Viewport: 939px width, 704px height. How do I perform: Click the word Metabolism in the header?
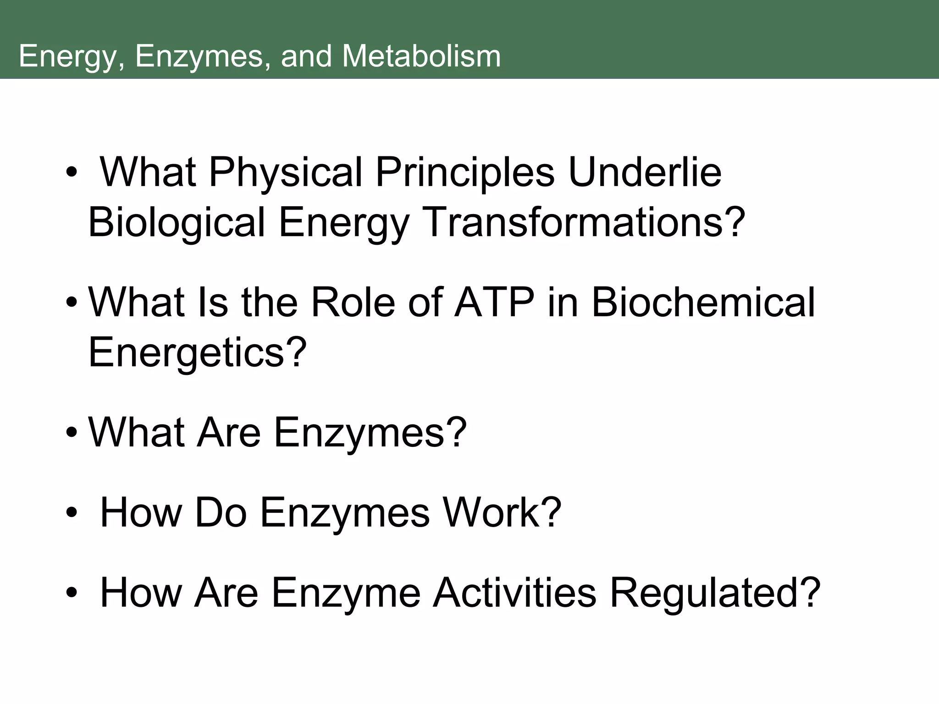pos(421,56)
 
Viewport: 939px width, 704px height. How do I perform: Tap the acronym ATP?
pos(494,302)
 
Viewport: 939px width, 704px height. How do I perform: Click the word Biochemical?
pos(703,302)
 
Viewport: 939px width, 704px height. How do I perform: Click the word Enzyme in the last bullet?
pos(346,594)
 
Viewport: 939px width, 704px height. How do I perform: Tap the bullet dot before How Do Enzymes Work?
pos(72,513)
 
